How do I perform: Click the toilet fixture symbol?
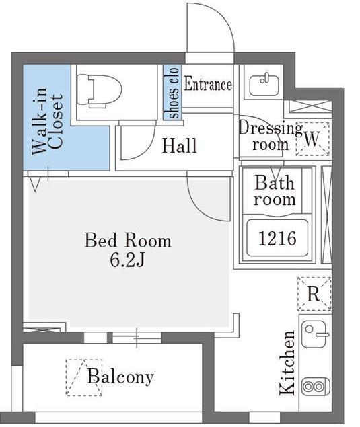(x=99, y=91)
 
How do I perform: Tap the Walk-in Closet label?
(x=47, y=122)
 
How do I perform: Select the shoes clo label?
(x=173, y=93)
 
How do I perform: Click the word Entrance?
(x=208, y=84)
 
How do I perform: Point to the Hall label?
(x=179, y=145)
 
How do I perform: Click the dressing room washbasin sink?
(x=264, y=85)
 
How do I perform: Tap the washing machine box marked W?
(x=313, y=139)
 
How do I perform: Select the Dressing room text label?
(x=270, y=136)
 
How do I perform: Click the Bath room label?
(x=275, y=190)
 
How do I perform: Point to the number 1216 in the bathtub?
(x=277, y=239)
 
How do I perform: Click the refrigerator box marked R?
(x=314, y=294)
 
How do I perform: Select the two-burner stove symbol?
(x=316, y=386)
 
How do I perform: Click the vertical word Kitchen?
(x=287, y=362)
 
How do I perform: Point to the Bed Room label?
(x=128, y=241)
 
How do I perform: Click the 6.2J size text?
(x=127, y=260)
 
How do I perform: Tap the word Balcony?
(x=120, y=377)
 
